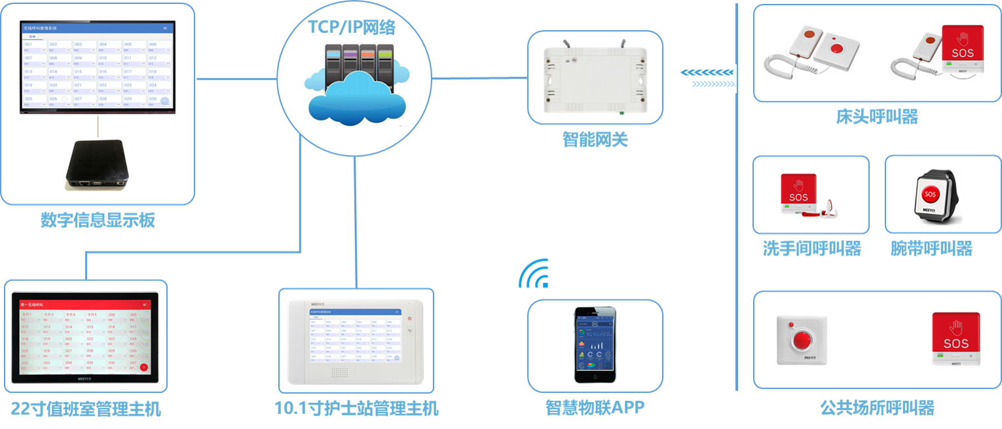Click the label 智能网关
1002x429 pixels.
pyautogui.click(x=595, y=140)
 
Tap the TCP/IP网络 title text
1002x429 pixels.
pyautogui.click(x=352, y=26)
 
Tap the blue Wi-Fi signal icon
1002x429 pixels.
pyautogui.click(x=534, y=274)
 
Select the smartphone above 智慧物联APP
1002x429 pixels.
pyautogui.click(x=595, y=345)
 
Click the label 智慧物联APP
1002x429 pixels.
pyautogui.click(x=595, y=407)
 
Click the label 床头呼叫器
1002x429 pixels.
pyautogui.click(x=876, y=117)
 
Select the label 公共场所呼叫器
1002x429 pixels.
pyautogui.click(x=876, y=408)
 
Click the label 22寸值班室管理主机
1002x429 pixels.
pyautogui.click(x=86, y=409)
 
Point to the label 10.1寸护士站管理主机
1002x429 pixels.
pyautogui.click(x=356, y=409)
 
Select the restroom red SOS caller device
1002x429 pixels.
pyautogui.click(x=798, y=195)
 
